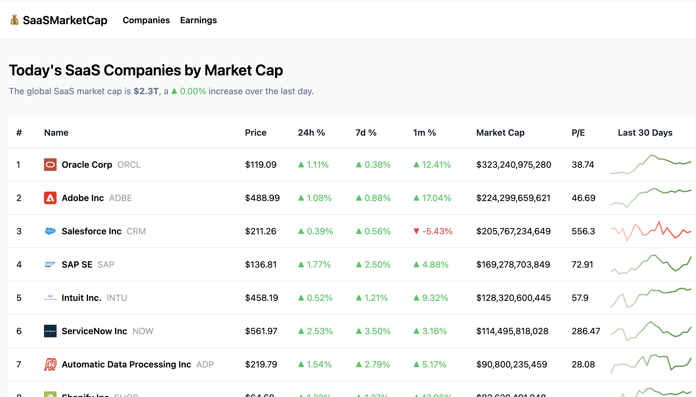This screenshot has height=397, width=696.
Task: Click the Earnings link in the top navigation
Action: click(x=198, y=20)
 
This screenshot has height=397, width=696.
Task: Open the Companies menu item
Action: click(x=146, y=20)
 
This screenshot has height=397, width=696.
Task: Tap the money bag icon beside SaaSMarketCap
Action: click(x=14, y=20)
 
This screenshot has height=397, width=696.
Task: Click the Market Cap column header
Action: click(x=500, y=133)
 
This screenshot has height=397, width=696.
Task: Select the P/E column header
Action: click(x=578, y=133)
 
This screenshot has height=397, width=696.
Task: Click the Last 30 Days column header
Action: click(x=645, y=133)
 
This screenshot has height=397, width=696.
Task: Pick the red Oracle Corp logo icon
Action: click(x=50, y=165)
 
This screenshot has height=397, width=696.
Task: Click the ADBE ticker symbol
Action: click(x=120, y=198)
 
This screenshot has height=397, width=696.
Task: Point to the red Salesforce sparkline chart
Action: click(x=651, y=231)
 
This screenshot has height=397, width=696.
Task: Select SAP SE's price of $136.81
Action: click(x=261, y=264)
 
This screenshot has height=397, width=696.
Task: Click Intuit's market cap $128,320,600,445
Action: click(x=513, y=298)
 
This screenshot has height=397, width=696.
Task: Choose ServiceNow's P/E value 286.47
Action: click(x=586, y=331)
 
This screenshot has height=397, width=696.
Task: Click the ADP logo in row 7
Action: click(x=50, y=364)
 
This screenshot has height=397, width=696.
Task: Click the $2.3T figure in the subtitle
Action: click(x=146, y=91)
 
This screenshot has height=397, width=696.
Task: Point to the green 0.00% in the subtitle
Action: click(x=192, y=91)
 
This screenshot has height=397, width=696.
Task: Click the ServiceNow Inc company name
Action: click(x=94, y=331)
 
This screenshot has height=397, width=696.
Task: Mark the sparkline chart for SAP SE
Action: click(x=651, y=264)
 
